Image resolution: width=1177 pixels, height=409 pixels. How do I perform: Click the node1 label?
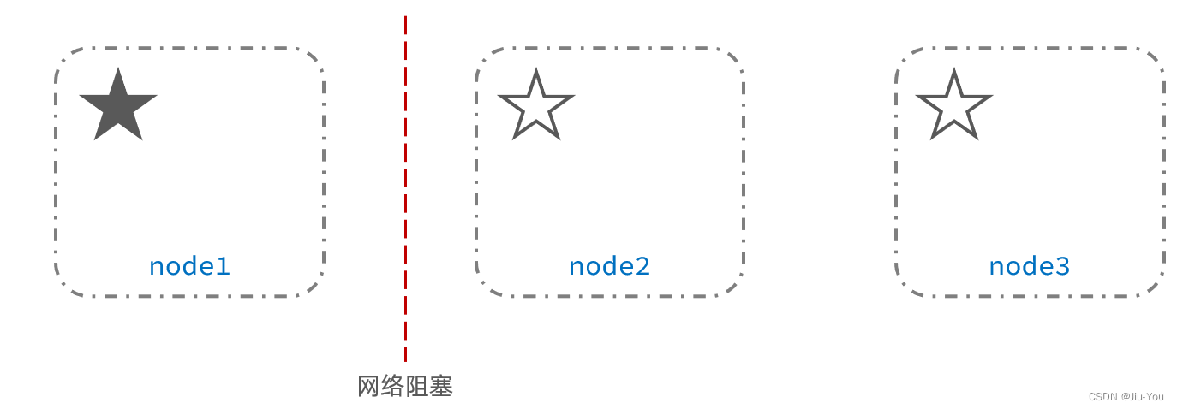tap(189, 266)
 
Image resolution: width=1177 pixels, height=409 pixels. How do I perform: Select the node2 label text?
tap(609, 266)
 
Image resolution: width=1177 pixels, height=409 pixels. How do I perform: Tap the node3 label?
tap(1029, 266)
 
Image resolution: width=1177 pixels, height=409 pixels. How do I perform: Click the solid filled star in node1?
tap(118, 106)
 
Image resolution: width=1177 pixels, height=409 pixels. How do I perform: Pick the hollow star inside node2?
tap(535, 106)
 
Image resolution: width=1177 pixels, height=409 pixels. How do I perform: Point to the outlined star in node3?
tap(953, 106)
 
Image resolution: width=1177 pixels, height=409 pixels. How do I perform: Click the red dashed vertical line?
tap(405, 188)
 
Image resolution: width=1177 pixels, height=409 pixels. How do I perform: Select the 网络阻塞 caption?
tap(404, 387)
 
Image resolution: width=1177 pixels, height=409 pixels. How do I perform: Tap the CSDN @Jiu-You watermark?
tap(1126, 397)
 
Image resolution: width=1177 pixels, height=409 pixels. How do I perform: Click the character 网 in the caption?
tap(368, 387)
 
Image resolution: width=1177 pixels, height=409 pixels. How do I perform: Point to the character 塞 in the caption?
tap(440, 387)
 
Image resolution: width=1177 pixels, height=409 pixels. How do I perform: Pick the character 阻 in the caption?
tap(416, 387)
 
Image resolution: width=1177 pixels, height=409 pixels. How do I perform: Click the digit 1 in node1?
tap(224, 266)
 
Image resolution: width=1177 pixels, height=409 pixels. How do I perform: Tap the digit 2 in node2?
tap(643, 266)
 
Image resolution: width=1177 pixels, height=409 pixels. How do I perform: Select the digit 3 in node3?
tap(1063, 266)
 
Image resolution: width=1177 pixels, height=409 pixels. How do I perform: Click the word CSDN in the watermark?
tap(1102, 397)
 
